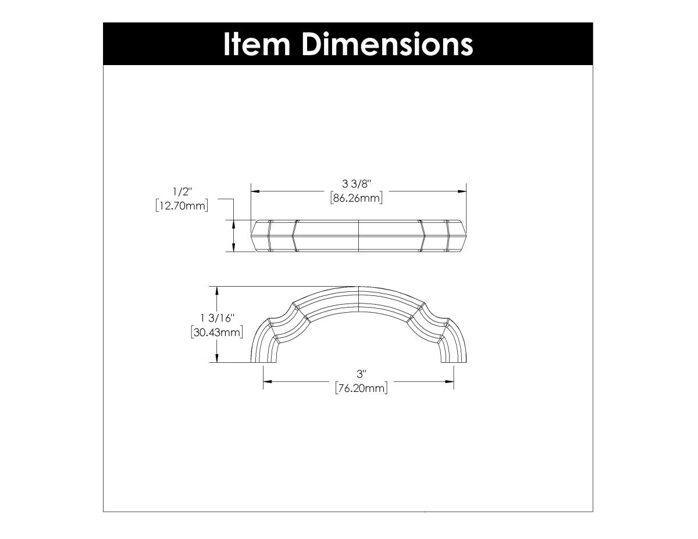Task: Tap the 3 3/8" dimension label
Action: click(357, 184)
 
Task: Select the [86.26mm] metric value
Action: click(356, 198)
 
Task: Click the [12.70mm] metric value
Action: click(181, 205)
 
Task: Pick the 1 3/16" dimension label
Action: click(216, 318)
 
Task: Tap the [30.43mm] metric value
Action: click(216, 332)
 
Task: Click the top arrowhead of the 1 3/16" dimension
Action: click(217, 290)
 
